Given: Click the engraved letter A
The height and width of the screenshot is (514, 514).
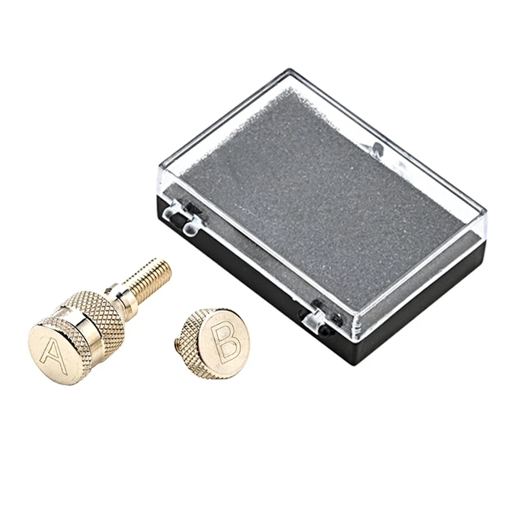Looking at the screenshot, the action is coord(53,357).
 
